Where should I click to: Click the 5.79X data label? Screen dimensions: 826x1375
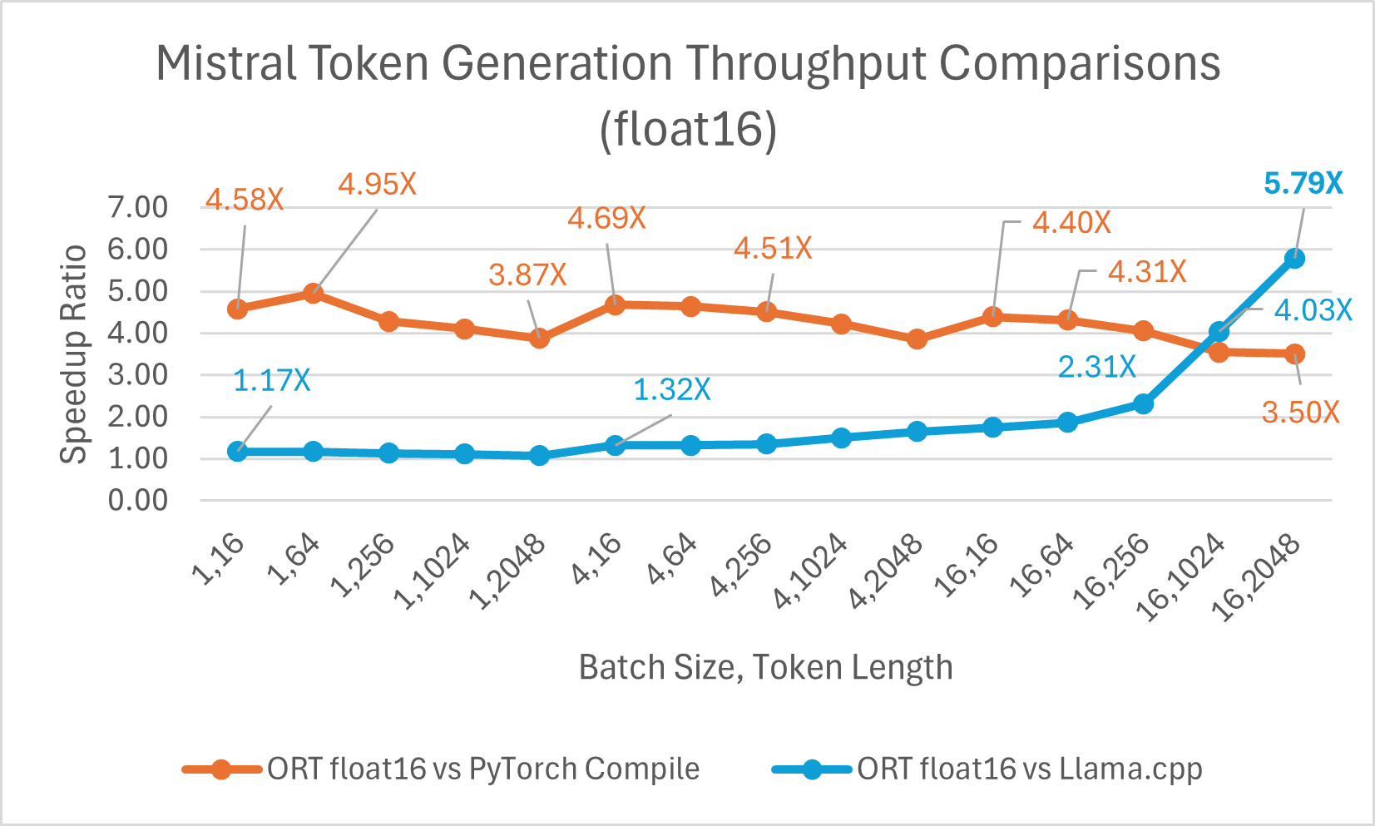(1303, 183)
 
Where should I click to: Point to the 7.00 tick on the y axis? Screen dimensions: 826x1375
(138, 207)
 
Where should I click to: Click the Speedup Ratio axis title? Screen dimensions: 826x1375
(74, 354)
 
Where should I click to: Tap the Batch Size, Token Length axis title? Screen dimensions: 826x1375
(765, 667)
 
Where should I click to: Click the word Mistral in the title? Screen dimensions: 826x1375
(225, 63)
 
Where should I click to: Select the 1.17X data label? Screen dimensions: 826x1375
(271, 381)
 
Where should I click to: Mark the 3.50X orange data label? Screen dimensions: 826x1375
(1300, 413)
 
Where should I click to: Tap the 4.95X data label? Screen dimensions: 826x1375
(377, 184)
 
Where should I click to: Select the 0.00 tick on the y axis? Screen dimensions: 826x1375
(138, 500)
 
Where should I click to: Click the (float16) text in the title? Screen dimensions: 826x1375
(688, 129)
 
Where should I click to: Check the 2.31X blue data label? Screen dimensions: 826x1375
(1096, 367)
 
